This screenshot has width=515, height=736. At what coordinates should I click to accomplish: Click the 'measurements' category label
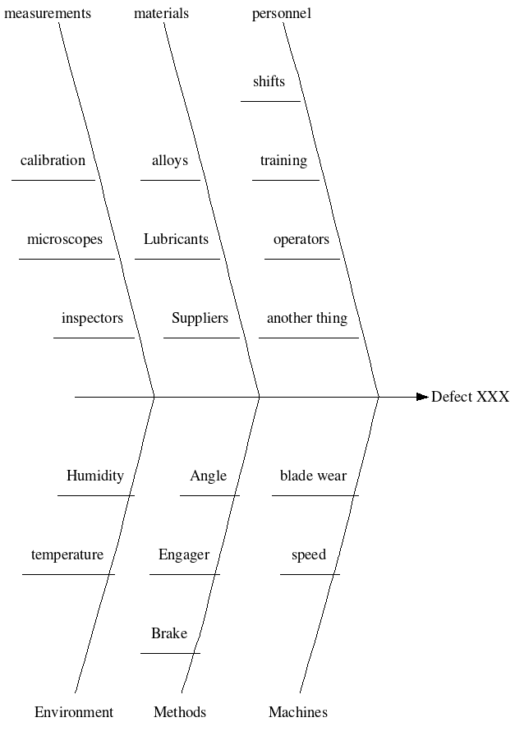pos(48,13)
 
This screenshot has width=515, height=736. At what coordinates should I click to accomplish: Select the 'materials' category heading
pos(161,13)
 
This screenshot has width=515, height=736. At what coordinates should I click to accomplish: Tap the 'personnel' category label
pos(282,13)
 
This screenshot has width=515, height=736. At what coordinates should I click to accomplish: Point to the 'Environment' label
pos(74,712)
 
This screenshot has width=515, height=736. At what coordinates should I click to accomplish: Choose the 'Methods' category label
pos(180,712)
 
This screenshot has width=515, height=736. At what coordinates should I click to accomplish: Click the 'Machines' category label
pos(298,712)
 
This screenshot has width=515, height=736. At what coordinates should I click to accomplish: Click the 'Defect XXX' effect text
pos(470,398)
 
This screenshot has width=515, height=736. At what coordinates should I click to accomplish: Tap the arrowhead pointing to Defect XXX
pos(422,398)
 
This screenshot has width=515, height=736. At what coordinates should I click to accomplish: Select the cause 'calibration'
pos(53,161)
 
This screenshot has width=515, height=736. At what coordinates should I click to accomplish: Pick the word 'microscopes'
pos(65,240)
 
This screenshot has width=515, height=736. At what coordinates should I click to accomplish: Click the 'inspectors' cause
pos(92,319)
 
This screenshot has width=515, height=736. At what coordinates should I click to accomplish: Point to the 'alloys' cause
pos(170,161)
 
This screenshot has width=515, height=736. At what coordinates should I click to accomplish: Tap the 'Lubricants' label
pos(176,240)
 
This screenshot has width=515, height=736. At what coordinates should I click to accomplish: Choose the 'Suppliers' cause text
pos(200,319)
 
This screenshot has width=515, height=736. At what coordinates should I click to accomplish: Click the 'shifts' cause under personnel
pos(269,81)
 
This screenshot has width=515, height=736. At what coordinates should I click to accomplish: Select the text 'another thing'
pos(307,319)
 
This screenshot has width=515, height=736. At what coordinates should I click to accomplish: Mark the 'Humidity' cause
pos(95,476)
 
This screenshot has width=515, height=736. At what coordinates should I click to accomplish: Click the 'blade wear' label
pos(313,476)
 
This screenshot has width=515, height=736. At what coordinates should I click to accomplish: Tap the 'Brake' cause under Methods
pos(169,633)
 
